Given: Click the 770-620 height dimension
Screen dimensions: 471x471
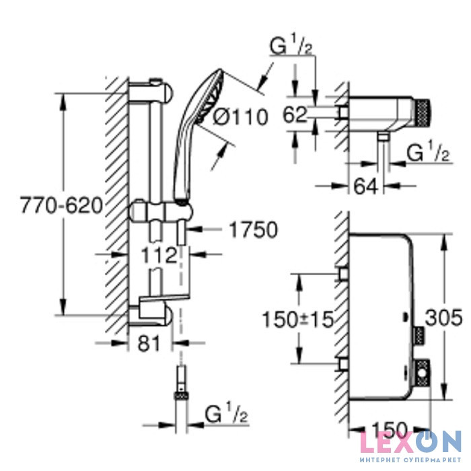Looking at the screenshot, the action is [x=62, y=206].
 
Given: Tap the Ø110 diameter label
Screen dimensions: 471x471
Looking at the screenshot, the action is [x=240, y=117].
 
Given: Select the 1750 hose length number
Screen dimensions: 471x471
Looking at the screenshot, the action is [x=254, y=230].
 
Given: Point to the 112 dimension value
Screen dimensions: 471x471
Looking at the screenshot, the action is [x=159, y=256].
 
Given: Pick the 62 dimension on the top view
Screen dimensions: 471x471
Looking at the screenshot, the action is [x=295, y=114].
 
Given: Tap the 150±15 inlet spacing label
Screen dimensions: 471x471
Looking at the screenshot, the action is [x=298, y=320].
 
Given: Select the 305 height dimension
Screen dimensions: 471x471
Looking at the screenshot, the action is [x=444, y=317].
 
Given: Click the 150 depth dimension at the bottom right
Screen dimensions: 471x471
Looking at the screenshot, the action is [x=389, y=429].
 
